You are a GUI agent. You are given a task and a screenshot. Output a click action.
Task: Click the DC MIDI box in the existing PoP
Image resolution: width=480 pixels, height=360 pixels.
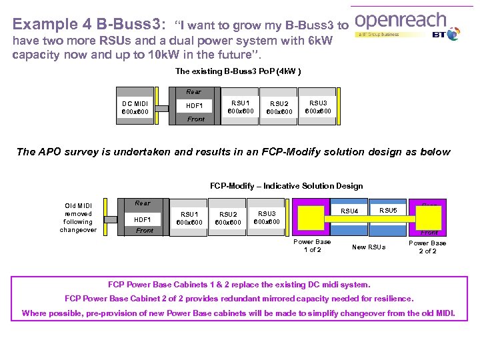[x=135, y=107]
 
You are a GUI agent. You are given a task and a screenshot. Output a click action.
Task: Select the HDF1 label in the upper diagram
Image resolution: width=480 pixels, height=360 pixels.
[x=195, y=105]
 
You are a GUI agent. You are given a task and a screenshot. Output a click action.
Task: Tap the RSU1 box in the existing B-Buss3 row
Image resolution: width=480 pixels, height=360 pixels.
[x=240, y=107]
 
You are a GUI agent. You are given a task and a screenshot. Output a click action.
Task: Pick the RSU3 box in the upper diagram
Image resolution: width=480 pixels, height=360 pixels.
[x=317, y=107]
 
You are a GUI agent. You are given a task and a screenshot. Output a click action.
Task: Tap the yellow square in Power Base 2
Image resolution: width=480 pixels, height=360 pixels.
[x=429, y=217]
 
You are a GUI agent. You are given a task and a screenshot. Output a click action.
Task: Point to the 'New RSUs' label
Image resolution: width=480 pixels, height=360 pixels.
[x=369, y=247]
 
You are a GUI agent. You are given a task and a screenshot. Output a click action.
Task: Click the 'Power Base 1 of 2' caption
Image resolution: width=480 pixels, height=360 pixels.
[x=312, y=245]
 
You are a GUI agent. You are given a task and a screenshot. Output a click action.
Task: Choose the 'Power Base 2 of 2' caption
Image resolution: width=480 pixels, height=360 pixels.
[x=427, y=247]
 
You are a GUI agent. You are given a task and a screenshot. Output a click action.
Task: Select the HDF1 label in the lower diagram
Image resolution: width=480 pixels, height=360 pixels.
[x=142, y=219]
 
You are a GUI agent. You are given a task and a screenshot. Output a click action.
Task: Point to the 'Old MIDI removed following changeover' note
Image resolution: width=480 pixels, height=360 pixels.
[x=78, y=217]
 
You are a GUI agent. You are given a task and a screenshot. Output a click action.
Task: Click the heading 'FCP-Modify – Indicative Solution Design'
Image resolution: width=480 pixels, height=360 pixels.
[x=286, y=186]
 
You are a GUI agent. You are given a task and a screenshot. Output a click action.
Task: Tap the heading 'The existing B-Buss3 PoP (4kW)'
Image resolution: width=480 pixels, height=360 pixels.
[x=238, y=71]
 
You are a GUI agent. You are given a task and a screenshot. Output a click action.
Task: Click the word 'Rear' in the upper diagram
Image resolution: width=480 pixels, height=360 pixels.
[x=194, y=92]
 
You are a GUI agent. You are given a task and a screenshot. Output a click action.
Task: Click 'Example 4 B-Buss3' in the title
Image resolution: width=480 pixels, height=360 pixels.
[x=87, y=25]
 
